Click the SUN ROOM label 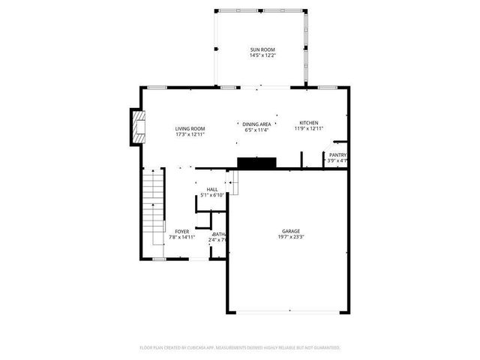coord(262,49)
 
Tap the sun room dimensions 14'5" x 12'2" coord(262,55)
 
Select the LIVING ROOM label coord(190,128)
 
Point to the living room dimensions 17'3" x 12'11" coord(190,134)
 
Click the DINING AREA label coord(256,124)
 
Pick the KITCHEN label coord(309,122)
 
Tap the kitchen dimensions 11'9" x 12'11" coord(309,128)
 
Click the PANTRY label coord(337,154)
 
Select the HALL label coord(212,189)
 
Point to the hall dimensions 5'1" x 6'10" coord(212,195)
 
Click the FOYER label coord(182,231)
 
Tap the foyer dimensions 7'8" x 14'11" coord(182,237)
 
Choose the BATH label coord(219,234)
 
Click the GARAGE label coord(291,231)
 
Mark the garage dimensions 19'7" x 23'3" coord(291,237)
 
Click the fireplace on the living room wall coord(136,127)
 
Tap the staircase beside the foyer coord(153,206)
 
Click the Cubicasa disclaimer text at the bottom coord(240,347)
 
